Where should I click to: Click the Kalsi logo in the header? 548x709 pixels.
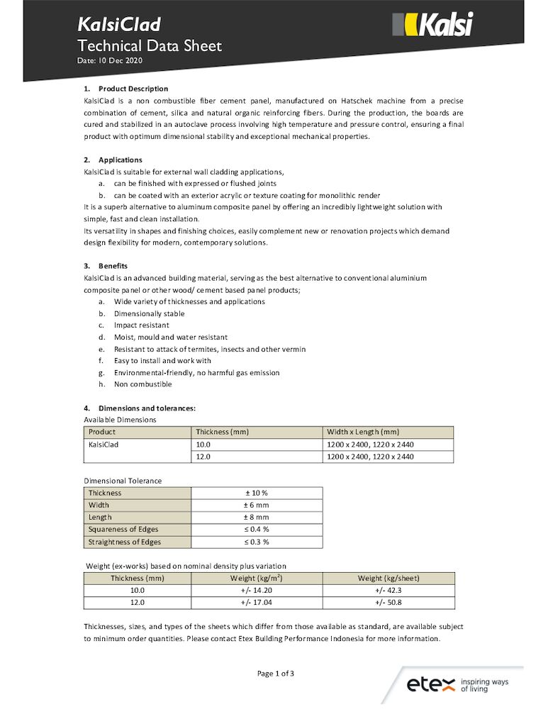tap(432, 26)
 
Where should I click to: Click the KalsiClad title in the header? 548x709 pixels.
tap(119, 25)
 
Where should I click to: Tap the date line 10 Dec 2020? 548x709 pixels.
tap(110, 62)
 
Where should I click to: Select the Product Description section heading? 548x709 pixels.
tap(133, 89)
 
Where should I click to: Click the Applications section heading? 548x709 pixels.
tap(120, 160)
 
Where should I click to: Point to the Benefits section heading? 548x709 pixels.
tap(113, 266)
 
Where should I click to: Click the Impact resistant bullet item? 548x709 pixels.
tap(141, 325)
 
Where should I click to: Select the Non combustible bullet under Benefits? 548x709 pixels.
tap(142, 384)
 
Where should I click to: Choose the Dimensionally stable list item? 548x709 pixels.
tap(149, 313)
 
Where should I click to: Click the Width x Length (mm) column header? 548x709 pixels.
tap(363, 432)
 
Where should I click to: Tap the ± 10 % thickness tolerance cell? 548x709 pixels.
tap(256, 493)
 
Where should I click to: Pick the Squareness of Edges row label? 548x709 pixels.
tap(123, 530)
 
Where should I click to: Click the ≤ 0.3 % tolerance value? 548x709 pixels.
tap(256, 542)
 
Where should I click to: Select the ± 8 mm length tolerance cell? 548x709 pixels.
tap(256, 518)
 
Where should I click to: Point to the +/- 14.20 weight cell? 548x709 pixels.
tap(257, 590)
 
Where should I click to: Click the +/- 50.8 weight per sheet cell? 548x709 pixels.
tap(388, 603)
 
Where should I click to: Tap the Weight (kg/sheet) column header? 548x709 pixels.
tap(388, 578)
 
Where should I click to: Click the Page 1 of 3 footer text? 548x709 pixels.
tap(275, 674)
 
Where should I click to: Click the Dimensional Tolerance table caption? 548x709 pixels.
tap(123, 481)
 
